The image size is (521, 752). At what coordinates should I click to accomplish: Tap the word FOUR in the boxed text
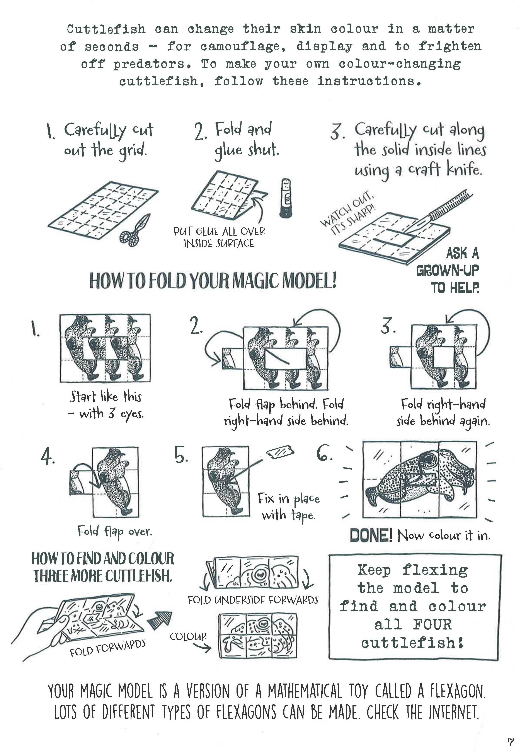432,624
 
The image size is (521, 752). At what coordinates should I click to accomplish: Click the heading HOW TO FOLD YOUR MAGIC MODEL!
213,281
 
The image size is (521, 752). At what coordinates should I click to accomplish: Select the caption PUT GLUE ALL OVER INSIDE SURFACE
219,237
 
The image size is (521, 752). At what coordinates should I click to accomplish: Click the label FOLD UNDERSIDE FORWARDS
253,600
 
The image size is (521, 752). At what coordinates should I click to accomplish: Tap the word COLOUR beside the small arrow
188,636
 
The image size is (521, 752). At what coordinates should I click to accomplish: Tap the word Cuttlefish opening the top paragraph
106,29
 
